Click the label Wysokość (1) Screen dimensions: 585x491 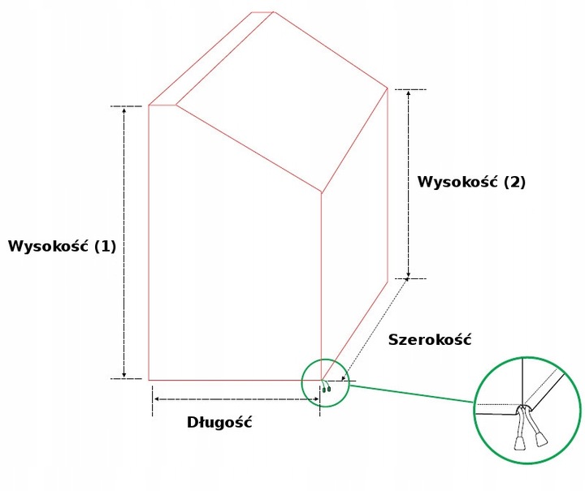coord(62,246)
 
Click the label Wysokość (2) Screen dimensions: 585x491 coord(471,182)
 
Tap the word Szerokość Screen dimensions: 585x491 coord(430,340)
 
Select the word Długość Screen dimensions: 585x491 coord(219,423)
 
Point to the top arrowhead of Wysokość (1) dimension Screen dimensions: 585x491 coord(124,110)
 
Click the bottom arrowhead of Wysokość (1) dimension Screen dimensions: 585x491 coord(124,375)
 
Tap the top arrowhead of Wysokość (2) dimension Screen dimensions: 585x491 coord(409,93)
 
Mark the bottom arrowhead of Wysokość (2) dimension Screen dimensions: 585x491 coord(409,275)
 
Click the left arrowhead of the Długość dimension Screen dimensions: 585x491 coord(157,399)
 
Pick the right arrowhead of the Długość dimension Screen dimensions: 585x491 coord(315,399)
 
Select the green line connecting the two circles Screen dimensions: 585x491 coord(412,394)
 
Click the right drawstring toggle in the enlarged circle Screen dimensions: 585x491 coord(542,439)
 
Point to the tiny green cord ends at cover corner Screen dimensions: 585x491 coord(327,389)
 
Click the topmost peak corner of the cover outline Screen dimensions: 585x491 coord(274,12)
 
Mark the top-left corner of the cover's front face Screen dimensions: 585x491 coord(149,106)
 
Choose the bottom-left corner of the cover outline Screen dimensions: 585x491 coord(149,380)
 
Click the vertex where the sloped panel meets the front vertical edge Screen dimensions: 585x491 coord(321,192)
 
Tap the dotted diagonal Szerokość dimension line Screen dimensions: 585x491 coord(375,329)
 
